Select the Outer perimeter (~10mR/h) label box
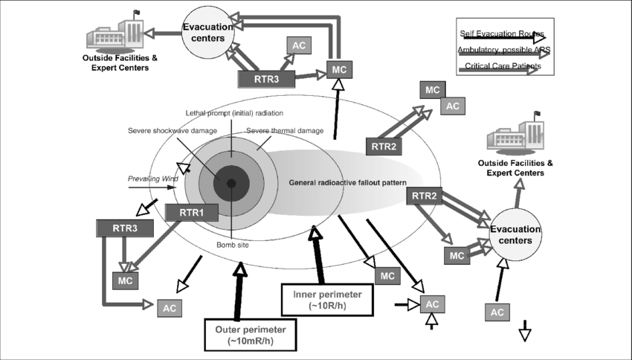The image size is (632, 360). click(251, 332)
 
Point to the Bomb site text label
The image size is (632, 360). click(231, 245)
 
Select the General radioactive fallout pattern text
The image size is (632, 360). click(346, 182)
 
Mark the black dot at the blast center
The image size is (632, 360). click(231, 183)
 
